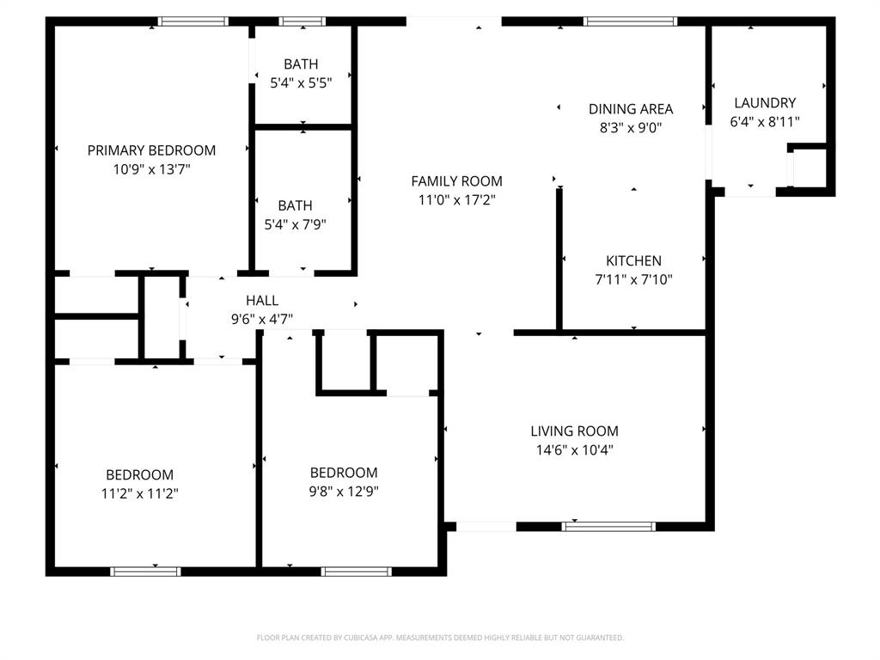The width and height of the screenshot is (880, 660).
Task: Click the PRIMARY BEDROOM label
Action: (151, 150)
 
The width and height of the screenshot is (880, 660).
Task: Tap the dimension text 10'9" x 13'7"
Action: (151, 169)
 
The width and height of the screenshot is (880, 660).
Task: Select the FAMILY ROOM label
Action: (456, 181)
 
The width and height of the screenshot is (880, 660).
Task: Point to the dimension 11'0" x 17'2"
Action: (456, 200)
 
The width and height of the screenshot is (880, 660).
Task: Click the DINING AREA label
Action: (631, 109)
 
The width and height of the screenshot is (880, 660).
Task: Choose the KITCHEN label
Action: (633, 261)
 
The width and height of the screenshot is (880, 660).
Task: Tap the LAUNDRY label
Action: (765, 103)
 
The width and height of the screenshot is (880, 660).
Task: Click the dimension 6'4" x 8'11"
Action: (765, 122)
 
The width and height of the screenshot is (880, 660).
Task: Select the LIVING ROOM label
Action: (574, 431)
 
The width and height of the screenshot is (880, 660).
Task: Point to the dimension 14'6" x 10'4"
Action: (574, 449)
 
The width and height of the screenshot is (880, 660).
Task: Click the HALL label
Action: (262, 301)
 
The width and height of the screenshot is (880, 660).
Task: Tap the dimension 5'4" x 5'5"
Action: (301, 82)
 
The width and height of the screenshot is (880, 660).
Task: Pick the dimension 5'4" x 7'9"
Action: (295, 225)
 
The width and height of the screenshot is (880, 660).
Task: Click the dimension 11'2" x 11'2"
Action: (139, 493)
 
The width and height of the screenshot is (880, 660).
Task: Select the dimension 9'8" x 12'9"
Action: (344, 492)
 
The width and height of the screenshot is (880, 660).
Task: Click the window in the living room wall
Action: (609, 526)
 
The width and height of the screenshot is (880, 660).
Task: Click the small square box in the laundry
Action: (808, 168)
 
